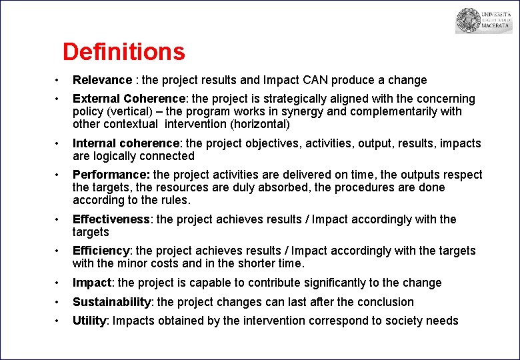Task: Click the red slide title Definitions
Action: (123, 52)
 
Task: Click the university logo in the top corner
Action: (474, 21)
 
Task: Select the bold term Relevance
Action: (102, 80)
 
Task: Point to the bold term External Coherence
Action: (131, 99)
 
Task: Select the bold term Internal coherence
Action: (127, 143)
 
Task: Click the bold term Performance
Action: (111, 175)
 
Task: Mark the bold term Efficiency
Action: (101, 251)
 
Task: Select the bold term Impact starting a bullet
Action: (92, 283)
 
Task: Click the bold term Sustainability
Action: (111, 302)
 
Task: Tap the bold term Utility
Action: (89, 321)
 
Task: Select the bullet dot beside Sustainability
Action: (58, 302)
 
